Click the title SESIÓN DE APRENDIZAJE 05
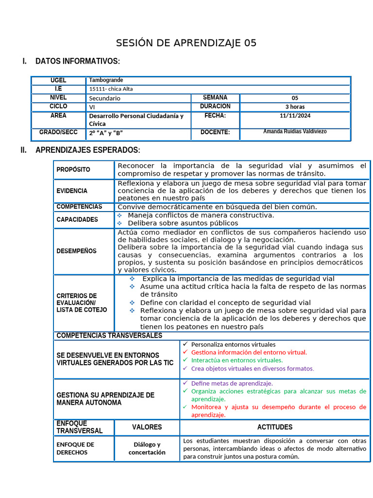point(186,43)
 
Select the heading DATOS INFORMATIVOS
point(77,61)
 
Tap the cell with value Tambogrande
point(106,80)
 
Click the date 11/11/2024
point(295,116)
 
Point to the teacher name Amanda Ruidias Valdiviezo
point(295,132)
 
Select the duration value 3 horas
point(295,107)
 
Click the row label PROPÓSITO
point(73,170)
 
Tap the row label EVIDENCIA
point(72,191)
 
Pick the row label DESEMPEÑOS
point(76,251)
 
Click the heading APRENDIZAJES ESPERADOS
point(87,150)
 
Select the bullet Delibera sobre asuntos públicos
point(183,223)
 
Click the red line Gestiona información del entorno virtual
point(249,352)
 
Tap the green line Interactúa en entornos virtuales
point(237,360)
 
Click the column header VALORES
point(147,427)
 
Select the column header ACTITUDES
point(274,427)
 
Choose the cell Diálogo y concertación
point(147,448)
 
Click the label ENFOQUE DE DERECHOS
point(75,448)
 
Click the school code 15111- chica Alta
point(111,89)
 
